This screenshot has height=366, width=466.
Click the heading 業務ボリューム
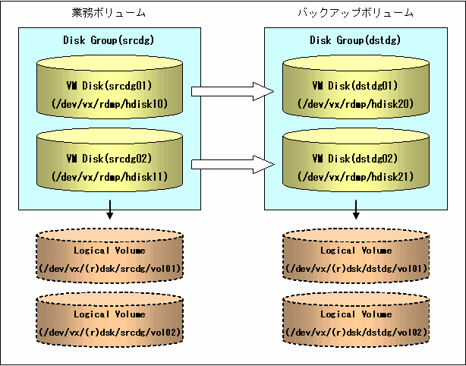click(x=109, y=13)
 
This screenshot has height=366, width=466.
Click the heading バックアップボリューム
click(x=355, y=13)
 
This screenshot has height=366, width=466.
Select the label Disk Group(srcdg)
click(x=109, y=39)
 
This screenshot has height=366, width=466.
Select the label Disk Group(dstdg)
click(x=355, y=39)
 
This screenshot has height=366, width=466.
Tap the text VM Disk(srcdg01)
click(x=109, y=86)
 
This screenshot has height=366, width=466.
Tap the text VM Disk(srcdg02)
click(x=109, y=159)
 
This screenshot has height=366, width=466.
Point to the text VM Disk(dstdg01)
click(x=355, y=86)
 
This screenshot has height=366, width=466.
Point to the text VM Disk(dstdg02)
click(x=355, y=159)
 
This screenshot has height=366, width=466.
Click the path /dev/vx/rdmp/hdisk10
click(x=109, y=104)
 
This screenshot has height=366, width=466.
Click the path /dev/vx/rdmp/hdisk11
click(x=109, y=177)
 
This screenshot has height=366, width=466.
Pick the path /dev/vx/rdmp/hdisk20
click(x=356, y=104)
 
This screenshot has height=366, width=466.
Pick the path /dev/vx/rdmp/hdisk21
click(x=356, y=177)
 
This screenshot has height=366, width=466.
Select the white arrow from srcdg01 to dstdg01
click(x=232, y=91)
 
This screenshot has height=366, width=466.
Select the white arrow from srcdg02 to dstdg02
click(x=232, y=164)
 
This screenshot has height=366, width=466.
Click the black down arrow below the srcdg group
click(x=110, y=210)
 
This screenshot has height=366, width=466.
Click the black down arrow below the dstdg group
click(x=356, y=210)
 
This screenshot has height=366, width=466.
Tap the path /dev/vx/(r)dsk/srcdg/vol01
click(x=110, y=269)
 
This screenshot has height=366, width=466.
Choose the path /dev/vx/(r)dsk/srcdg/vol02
click(x=110, y=332)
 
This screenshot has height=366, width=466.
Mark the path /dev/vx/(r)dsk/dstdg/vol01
click(x=357, y=269)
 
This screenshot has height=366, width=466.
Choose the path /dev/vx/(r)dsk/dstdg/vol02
click(x=357, y=332)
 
